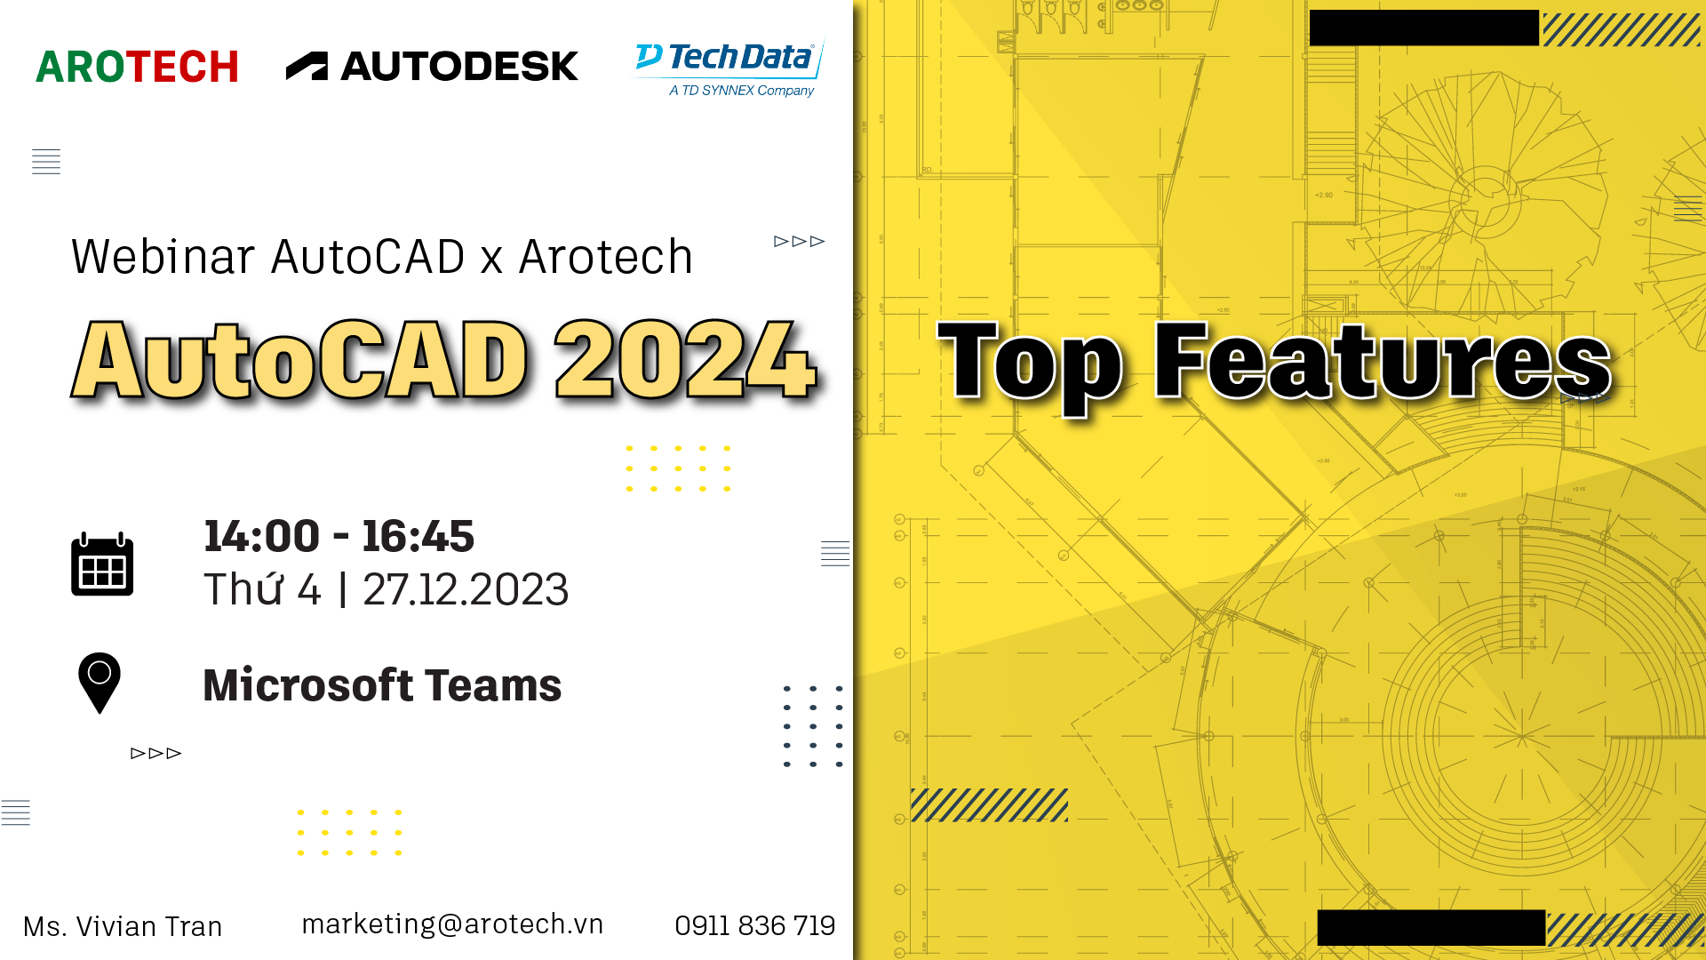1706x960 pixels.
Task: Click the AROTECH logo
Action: [137, 67]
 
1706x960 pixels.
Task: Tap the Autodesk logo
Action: [432, 66]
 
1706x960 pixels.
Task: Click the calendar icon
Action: [102, 564]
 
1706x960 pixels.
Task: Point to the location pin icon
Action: [100, 683]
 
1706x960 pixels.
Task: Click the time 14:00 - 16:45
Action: [339, 536]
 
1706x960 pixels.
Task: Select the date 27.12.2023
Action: [466, 589]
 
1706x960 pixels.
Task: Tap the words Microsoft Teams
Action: [382, 685]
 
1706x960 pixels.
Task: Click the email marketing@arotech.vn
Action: [452, 924]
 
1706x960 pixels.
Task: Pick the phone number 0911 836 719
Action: [755, 925]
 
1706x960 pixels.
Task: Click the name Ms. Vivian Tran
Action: [123, 926]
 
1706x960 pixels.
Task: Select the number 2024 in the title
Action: [686, 359]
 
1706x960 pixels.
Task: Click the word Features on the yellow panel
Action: [1383, 360]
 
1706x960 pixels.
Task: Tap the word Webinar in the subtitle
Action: [163, 257]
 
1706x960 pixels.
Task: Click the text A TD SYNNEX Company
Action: [742, 91]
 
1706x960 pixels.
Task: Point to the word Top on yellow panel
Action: [1031, 366]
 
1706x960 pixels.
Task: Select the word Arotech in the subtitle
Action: [605, 257]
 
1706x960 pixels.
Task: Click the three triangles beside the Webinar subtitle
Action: [800, 241]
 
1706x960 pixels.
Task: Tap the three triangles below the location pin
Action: [156, 753]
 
